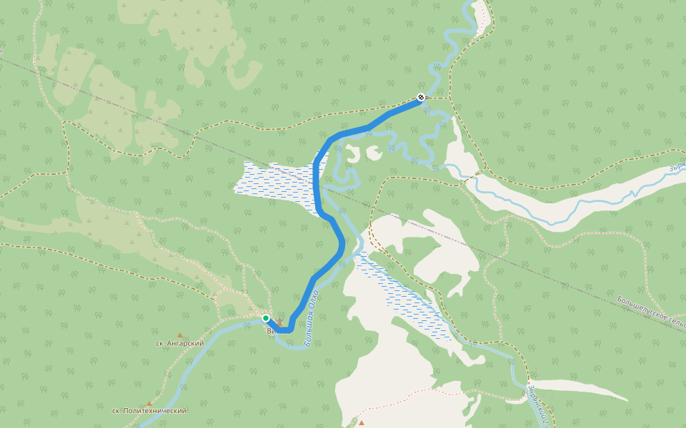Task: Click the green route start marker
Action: coord(266,318)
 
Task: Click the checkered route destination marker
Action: coord(421,97)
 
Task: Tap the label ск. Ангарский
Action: coord(179,343)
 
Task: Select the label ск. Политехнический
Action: coord(149,411)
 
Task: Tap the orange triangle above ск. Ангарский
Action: coord(180,335)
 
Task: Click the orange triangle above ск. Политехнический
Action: coord(149,403)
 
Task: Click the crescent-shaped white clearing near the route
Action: coord(352,153)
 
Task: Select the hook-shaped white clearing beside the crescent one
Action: coord(374,152)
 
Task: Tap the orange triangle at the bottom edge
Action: coord(362,423)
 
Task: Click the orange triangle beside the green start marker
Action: coord(279,323)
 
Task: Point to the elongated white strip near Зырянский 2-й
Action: coord(579,389)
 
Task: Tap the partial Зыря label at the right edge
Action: coord(676,168)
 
